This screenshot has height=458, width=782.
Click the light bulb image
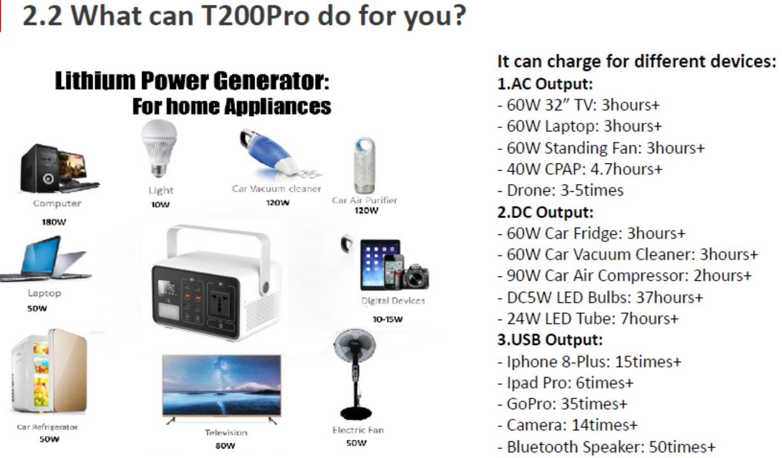[x=159, y=148]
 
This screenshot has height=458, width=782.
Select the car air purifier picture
[x=364, y=165]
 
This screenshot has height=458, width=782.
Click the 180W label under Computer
[x=54, y=222]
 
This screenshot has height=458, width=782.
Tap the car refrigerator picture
[x=49, y=371]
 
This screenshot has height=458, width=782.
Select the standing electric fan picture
[x=355, y=374]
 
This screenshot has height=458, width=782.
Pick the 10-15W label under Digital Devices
[x=388, y=319]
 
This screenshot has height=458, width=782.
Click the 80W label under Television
[x=225, y=446]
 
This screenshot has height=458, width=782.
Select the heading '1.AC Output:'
[x=545, y=84]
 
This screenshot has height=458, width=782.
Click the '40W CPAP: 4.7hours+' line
[x=580, y=169]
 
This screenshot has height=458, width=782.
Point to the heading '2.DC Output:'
[x=546, y=212]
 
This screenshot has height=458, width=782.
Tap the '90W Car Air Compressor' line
[x=625, y=276]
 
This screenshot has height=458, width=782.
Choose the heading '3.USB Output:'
[x=550, y=340]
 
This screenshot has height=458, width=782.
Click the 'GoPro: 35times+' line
[x=562, y=404]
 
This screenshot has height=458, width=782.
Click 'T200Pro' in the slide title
[x=256, y=16]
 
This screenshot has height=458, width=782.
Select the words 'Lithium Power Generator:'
[x=192, y=81]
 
